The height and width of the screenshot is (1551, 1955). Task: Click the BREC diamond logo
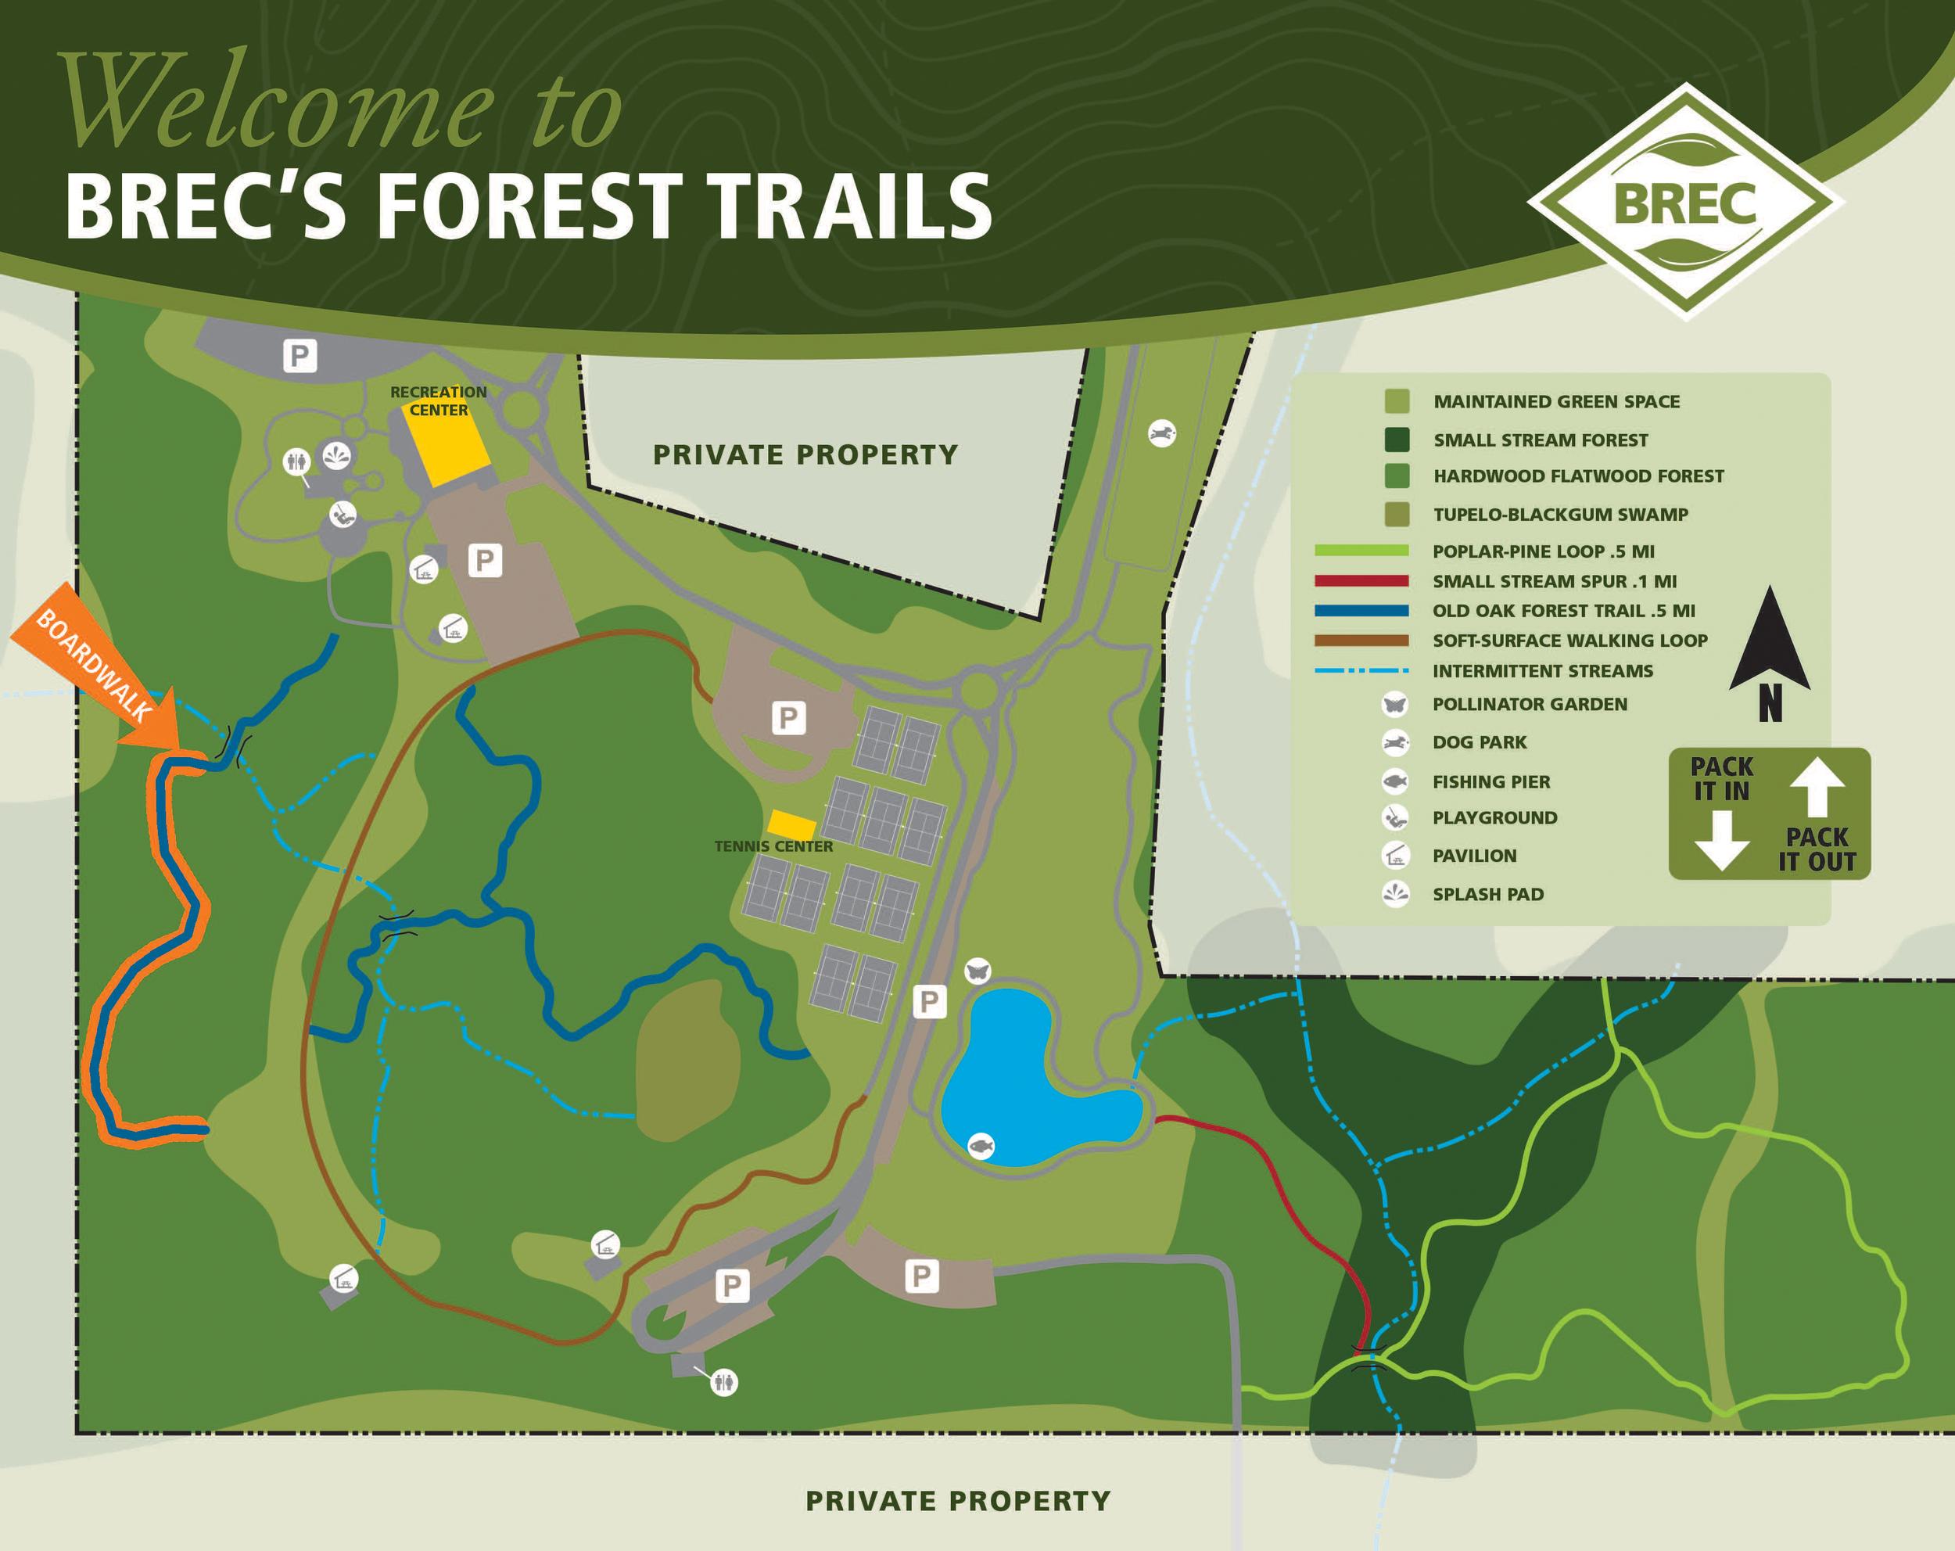click(x=1686, y=201)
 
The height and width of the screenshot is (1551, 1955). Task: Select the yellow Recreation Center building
click(x=447, y=439)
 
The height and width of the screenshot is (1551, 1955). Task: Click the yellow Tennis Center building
click(x=791, y=824)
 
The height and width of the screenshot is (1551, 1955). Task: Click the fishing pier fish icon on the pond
click(x=980, y=1147)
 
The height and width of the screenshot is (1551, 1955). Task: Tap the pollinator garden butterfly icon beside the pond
click(x=977, y=972)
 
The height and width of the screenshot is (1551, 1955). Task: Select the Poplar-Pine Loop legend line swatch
click(x=1361, y=551)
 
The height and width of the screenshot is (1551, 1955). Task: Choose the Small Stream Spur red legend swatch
click(x=1361, y=580)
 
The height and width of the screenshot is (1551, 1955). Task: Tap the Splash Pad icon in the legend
click(x=1396, y=893)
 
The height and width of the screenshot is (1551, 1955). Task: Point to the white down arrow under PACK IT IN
click(x=1721, y=840)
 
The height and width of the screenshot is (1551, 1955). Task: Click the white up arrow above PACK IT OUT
click(x=1817, y=788)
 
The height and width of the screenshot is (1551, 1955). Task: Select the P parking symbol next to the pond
click(x=928, y=1002)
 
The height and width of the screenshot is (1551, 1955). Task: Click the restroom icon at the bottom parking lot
click(x=723, y=1382)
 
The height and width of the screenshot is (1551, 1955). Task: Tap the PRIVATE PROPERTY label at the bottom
click(x=957, y=1501)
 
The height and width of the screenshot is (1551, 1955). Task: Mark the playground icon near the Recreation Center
click(x=342, y=515)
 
